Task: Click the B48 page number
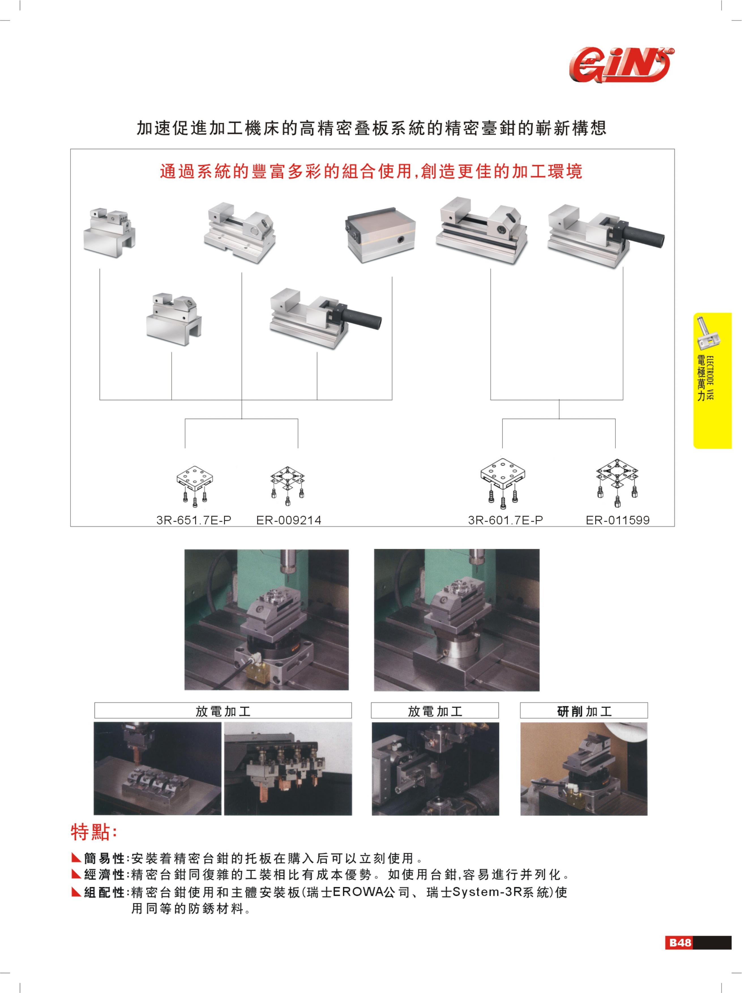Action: point(680,942)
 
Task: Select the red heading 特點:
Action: point(94,832)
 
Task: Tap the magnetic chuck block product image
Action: point(381,234)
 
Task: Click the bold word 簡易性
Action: point(104,858)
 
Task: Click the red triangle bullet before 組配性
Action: point(76,892)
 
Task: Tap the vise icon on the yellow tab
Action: point(708,332)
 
